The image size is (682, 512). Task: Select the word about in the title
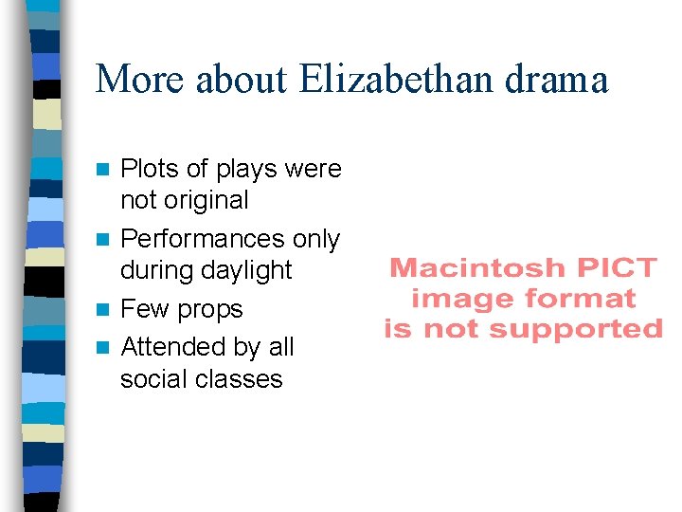click(x=242, y=80)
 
